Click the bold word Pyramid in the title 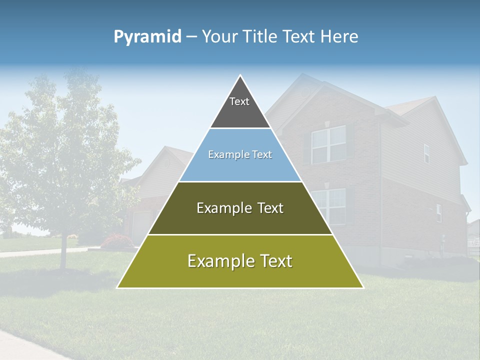[147, 37]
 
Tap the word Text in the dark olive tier [270, 208]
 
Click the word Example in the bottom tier [218, 261]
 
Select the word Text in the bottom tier [275, 261]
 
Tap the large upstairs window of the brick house [328, 144]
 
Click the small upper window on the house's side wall [426, 153]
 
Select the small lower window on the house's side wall [438, 213]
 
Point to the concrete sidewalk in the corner [25, 345]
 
